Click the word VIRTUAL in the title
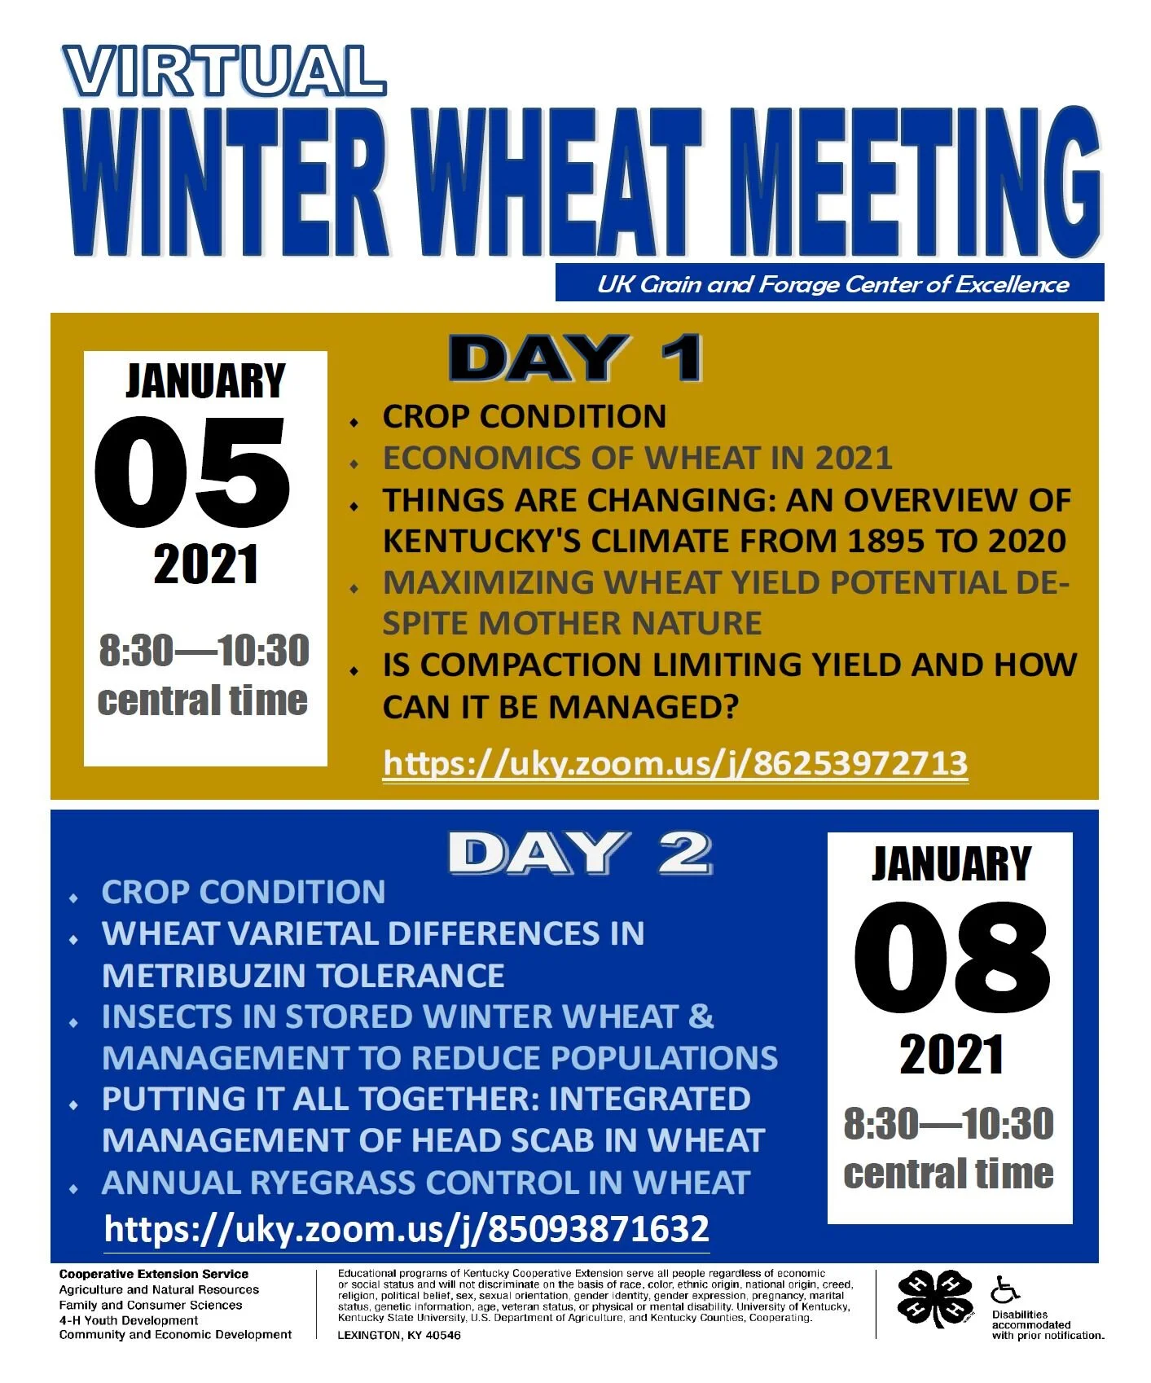coord(224,71)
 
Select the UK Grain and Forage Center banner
coord(831,283)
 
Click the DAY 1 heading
coord(575,358)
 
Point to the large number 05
coord(193,472)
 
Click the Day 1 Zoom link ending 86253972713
coord(674,764)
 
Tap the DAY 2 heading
coord(580,854)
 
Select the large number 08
coord(951,958)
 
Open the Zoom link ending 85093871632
coord(406,1228)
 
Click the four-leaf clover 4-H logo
coord(935,1299)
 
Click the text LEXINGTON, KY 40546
coord(398,1335)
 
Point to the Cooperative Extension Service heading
coord(153,1274)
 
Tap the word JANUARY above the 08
coord(951,864)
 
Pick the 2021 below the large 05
coord(205,564)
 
